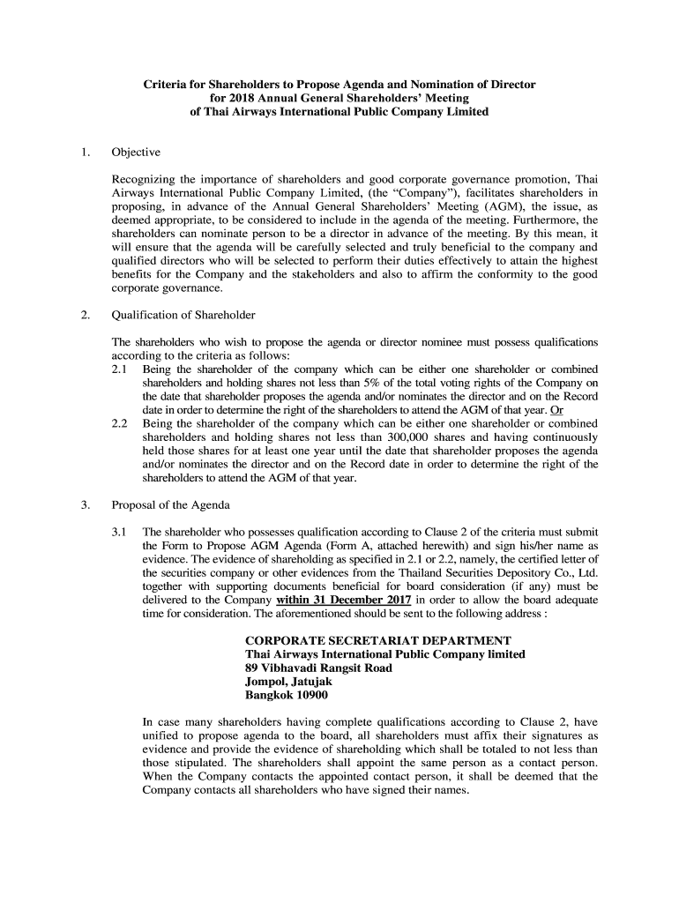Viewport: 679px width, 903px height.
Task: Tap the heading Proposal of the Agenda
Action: (170, 505)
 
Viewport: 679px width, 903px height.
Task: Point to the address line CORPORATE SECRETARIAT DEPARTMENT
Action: (377, 640)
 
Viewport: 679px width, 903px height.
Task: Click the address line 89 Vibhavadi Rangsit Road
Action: (318, 668)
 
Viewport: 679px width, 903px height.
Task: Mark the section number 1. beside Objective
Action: (86, 152)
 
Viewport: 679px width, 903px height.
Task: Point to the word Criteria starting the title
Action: (167, 85)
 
